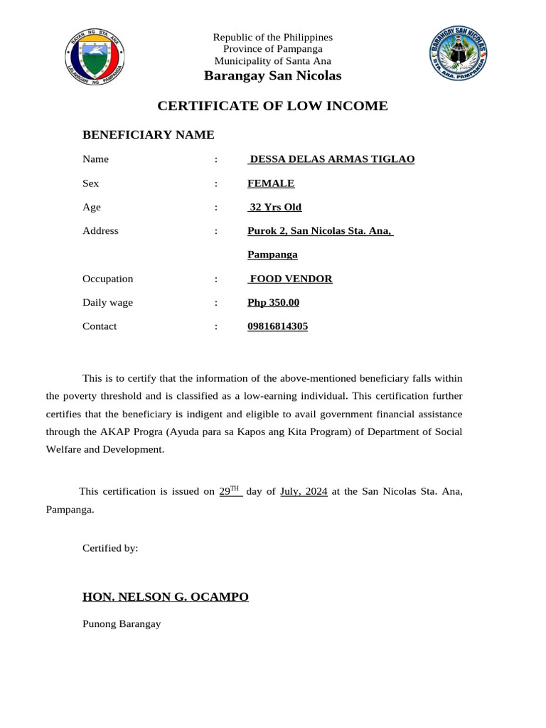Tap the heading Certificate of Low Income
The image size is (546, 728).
(272, 106)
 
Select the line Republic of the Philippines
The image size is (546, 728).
(273, 37)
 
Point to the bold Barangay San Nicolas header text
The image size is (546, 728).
(273, 75)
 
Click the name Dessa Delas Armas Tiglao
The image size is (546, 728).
(331, 159)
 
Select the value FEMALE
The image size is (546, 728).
(271, 183)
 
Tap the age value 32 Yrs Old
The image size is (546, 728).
(275, 208)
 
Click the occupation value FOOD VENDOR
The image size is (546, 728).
(291, 279)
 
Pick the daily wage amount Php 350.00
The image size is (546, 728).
(274, 303)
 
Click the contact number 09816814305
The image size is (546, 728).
(278, 326)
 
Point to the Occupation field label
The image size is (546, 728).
(108, 279)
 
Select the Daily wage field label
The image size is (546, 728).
(108, 303)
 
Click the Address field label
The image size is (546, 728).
(101, 231)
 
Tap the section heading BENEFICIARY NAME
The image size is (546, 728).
(149, 135)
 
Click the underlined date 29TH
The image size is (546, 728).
(230, 491)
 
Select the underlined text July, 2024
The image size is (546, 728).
(304, 491)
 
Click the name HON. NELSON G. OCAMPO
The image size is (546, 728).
(166, 596)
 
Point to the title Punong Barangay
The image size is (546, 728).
(122, 624)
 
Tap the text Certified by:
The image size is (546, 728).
(110, 548)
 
